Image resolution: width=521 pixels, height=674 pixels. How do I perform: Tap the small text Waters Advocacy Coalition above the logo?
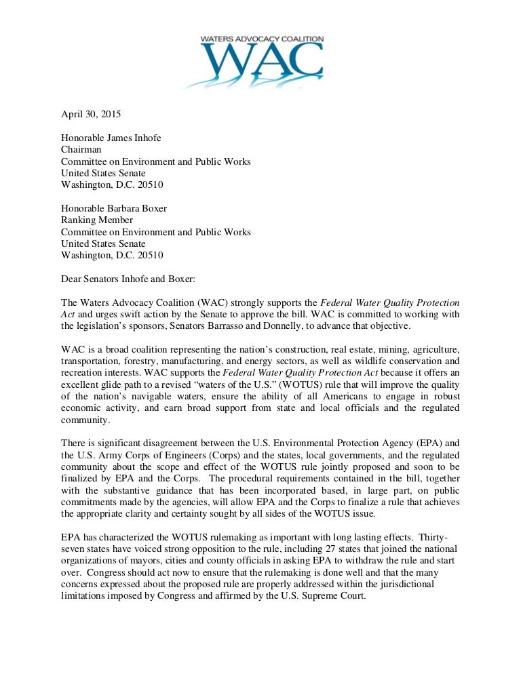tap(261, 40)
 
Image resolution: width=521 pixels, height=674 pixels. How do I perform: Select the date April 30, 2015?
tap(91, 115)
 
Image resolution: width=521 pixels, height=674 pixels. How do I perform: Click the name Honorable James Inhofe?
tap(111, 138)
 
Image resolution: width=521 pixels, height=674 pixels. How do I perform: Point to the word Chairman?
tap(81, 149)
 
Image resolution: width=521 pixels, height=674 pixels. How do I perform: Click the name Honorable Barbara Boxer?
tap(113, 208)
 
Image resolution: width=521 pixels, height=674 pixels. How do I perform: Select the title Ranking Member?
tap(97, 220)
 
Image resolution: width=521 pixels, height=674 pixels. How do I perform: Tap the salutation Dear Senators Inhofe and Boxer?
tap(126, 278)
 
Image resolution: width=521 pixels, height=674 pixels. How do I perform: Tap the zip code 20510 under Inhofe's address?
tap(147, 184)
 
